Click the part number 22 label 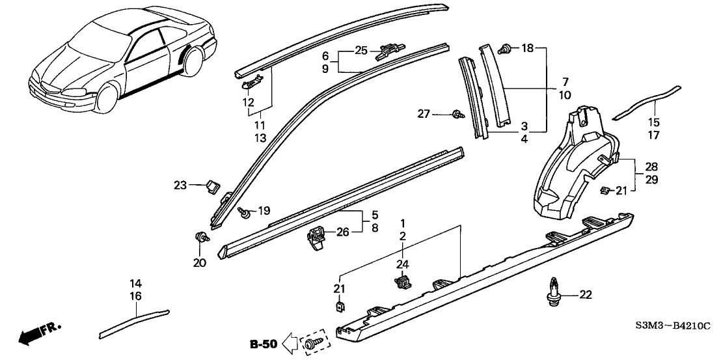586,296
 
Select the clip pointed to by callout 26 318,236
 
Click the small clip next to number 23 210,187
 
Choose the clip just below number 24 402,282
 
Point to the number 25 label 361,49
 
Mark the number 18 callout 528,48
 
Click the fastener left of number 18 505,48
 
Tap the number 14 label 135,283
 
